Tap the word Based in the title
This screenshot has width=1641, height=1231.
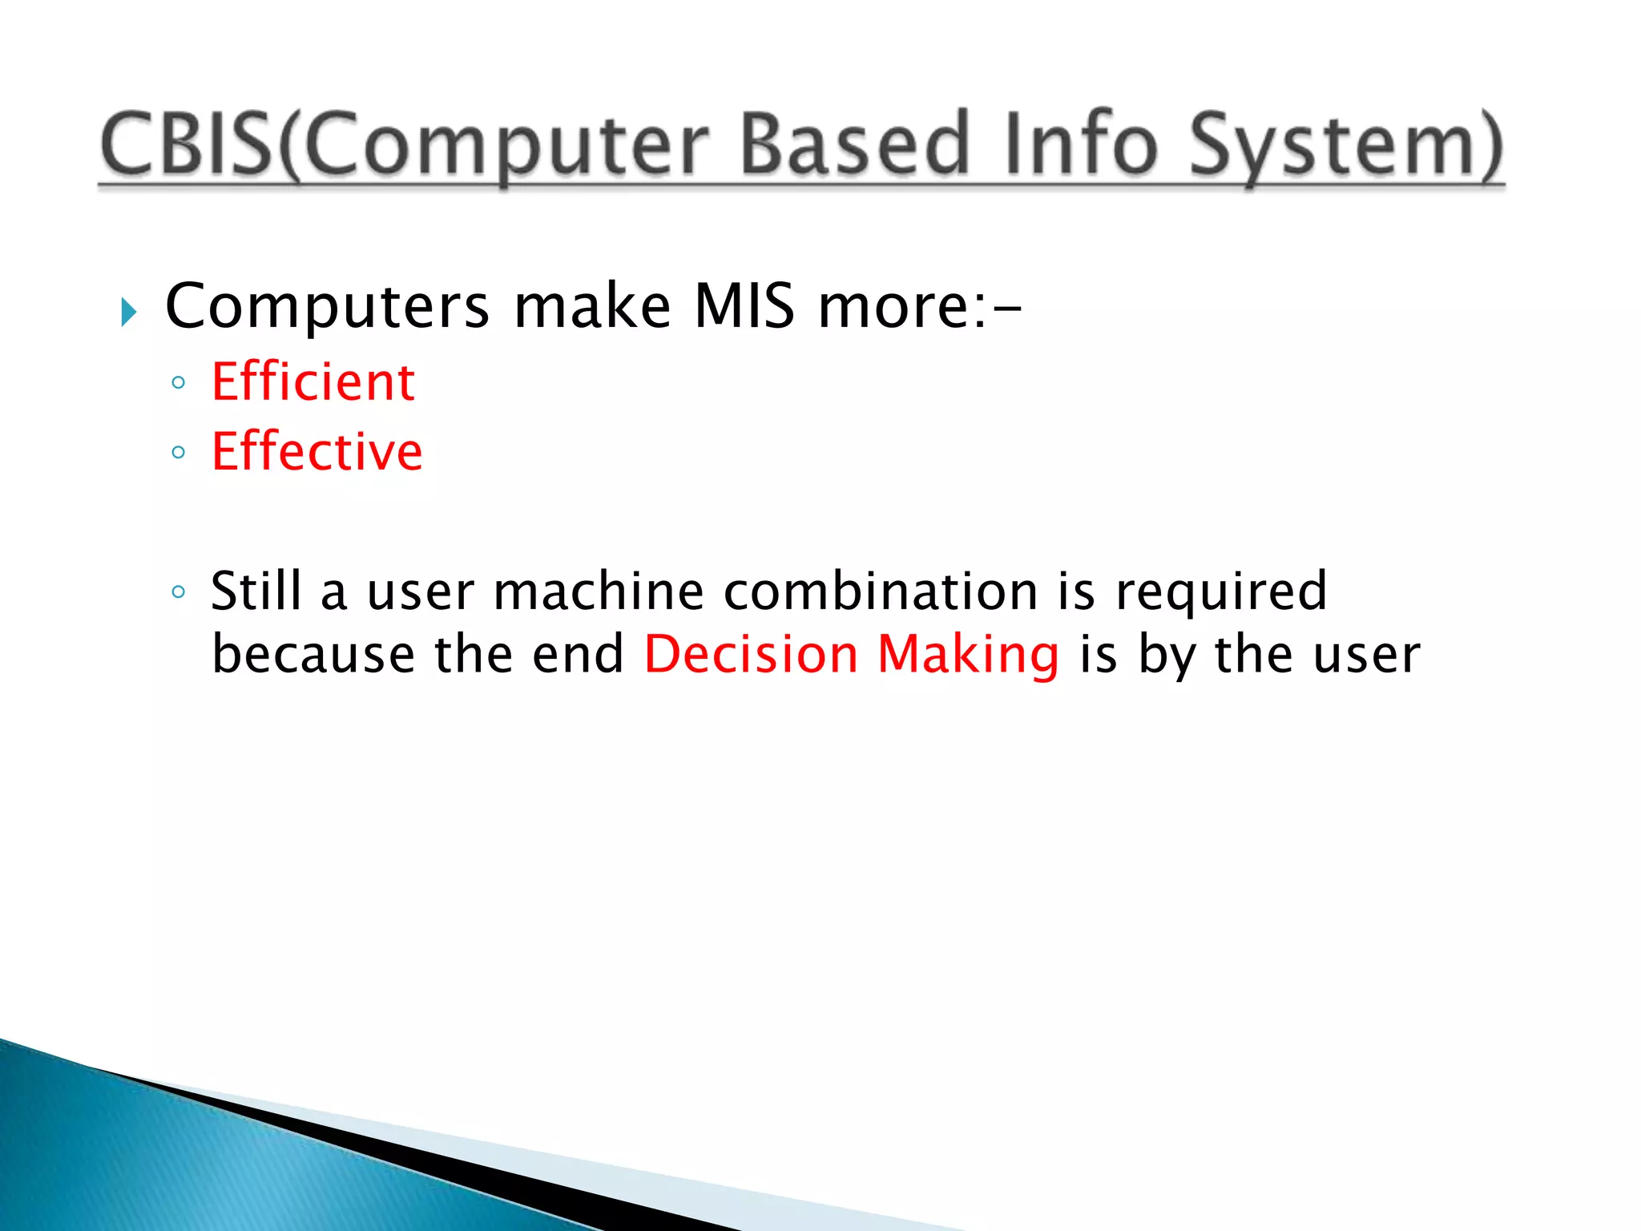[x=854, y=145]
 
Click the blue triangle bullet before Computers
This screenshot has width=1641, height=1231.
[x=128, y=312]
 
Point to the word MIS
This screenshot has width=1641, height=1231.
[x=744, y=306]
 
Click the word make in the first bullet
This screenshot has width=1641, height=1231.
[x=592, y=306]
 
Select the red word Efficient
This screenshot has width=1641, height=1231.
[x=312, y=381]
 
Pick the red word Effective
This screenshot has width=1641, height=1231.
[x=317, y=451]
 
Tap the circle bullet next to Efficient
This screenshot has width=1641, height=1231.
[x=179, y=382]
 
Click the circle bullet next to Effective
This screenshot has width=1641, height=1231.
[x=179, y=452]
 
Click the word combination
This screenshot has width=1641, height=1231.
[x=881, y=591]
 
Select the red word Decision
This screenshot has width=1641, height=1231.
[x=751, y=654]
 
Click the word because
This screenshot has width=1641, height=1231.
[x=313, y=654]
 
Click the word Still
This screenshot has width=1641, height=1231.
[x=256, y=591]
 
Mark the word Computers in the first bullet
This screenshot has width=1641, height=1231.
[x=327, y=307]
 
